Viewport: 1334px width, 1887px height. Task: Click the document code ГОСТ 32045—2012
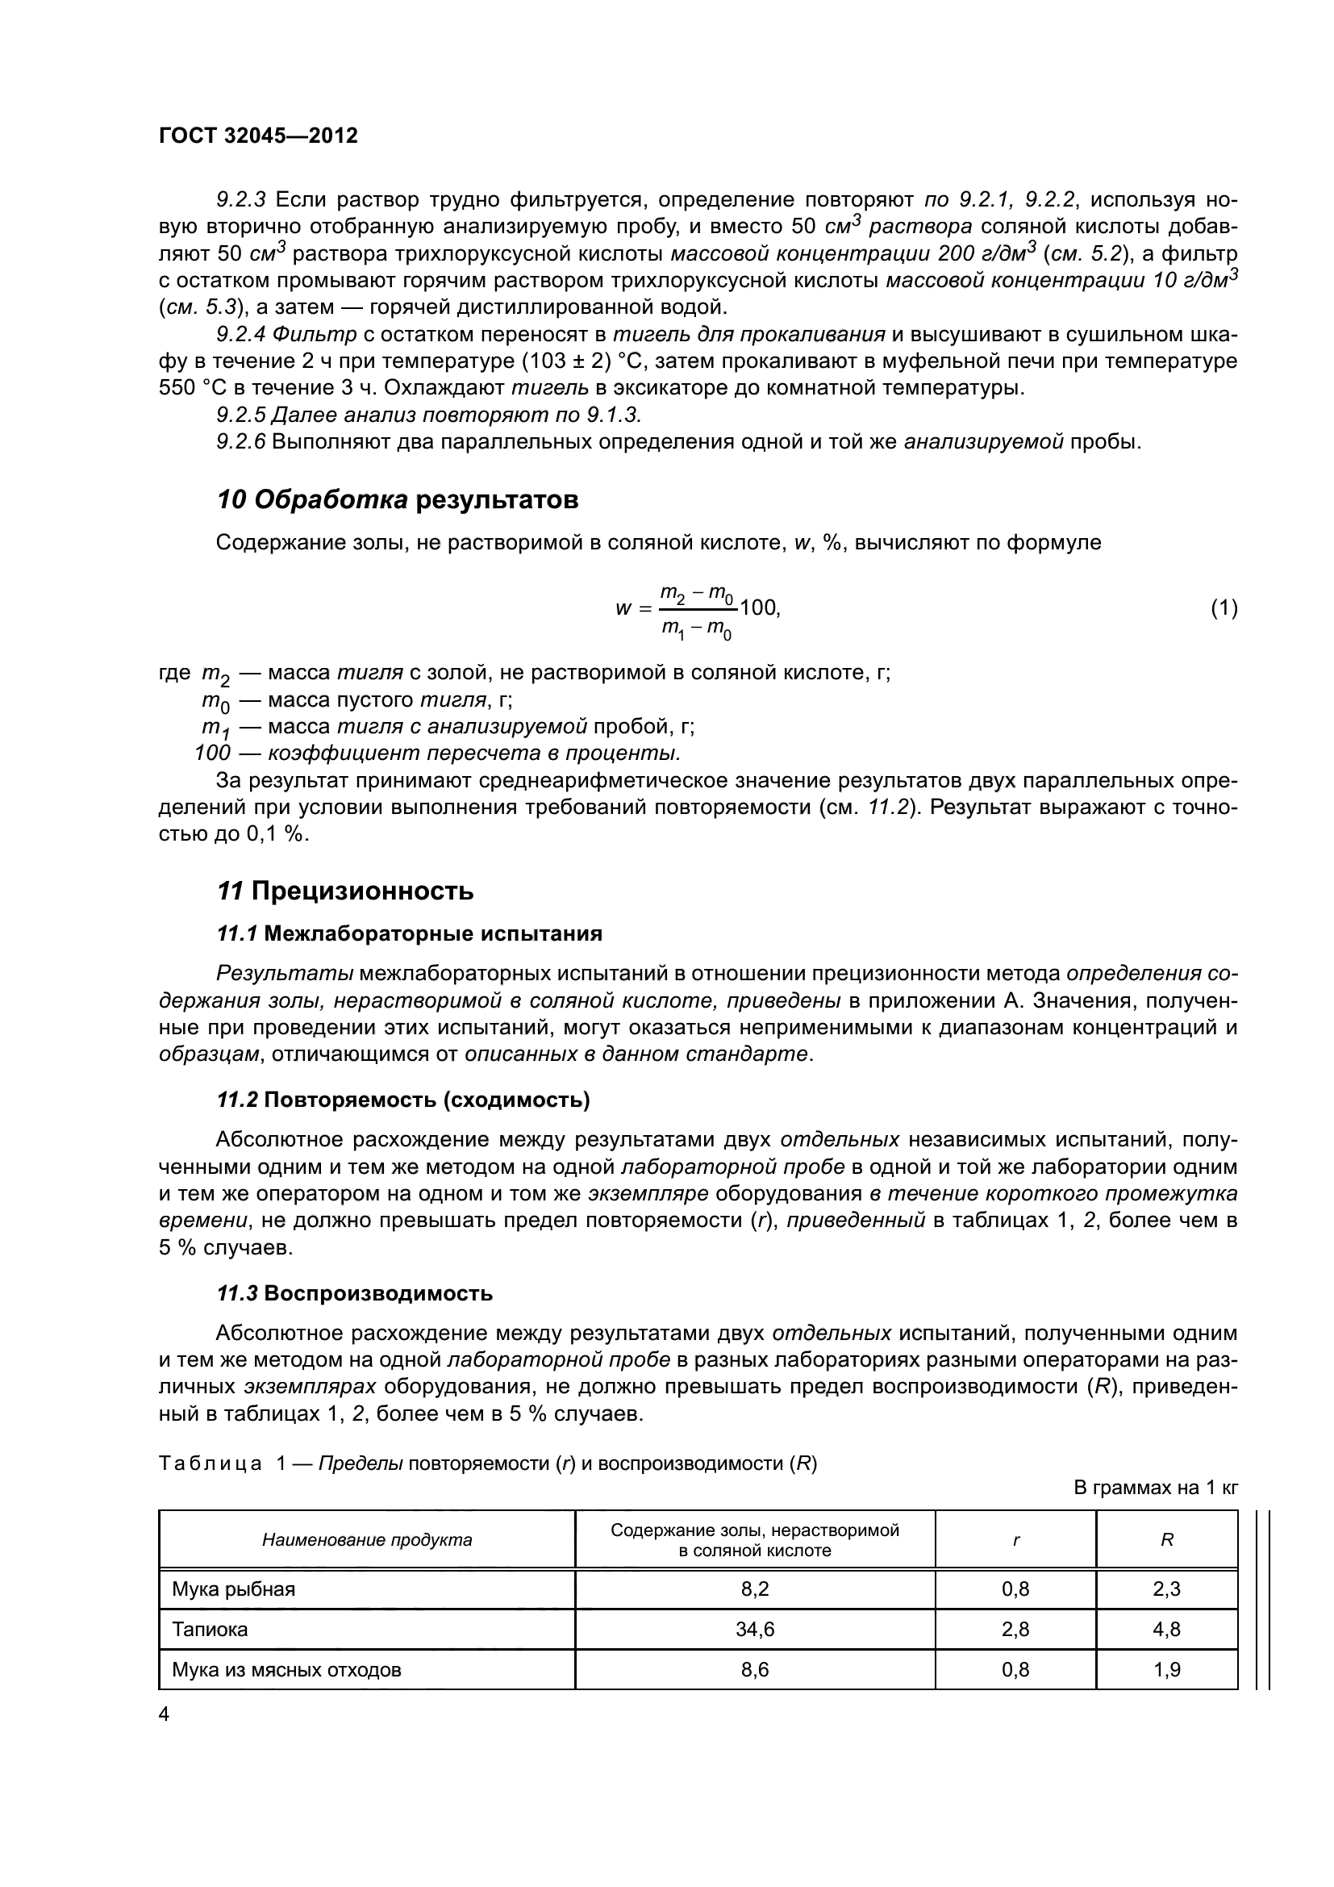click(258, 136)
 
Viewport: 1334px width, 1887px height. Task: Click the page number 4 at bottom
click(165, 1714)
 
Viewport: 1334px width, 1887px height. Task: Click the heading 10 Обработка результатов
click(397, 499)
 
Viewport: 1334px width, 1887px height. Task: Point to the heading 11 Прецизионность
click(345, 891)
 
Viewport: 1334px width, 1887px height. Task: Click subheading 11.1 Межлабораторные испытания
click(409, 933)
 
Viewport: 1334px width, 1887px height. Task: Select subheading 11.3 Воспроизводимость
click(354, 1293)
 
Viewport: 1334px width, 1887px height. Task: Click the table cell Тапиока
click(210, 1629)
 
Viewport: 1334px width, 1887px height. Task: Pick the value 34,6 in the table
click(754, 1629)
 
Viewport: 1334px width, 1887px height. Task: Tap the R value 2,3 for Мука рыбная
click(1165, 1589)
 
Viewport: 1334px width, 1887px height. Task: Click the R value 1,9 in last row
click(1165, 1669)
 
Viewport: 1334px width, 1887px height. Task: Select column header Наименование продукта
click(366, 1540)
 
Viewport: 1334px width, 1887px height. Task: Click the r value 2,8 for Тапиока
click(1015, 1629)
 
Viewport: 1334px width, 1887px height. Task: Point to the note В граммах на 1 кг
click(1155, 1488)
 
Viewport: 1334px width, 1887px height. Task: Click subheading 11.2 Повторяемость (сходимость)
click(402, 1100)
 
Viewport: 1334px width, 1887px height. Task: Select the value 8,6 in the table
click(754, 1669)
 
